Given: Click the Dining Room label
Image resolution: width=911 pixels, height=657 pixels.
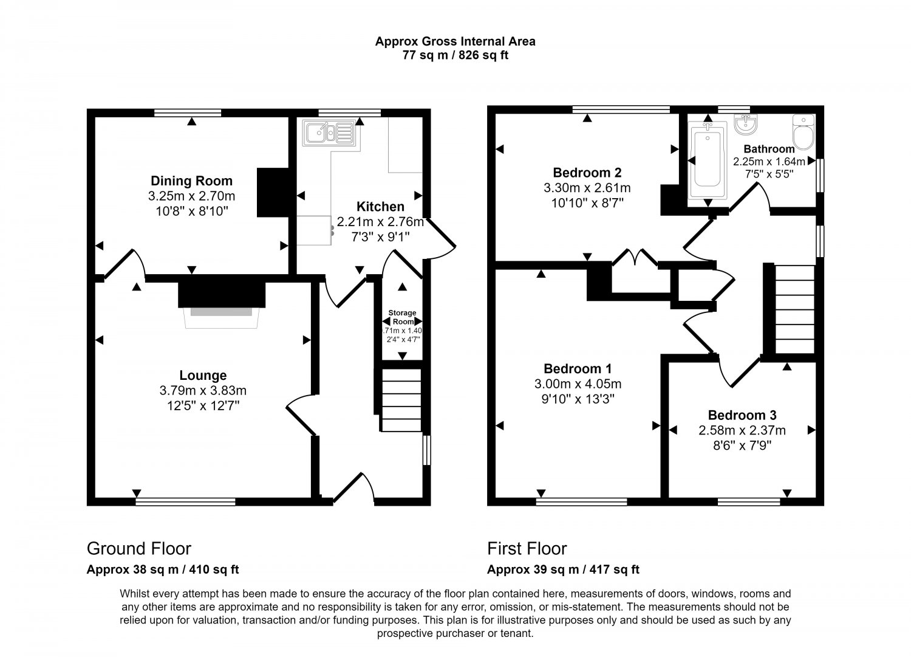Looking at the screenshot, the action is [x=191, y=181].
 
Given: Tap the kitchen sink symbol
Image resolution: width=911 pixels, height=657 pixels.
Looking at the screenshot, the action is [x=329, y=132].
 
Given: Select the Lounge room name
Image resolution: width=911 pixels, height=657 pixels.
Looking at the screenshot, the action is [x=203, y=376].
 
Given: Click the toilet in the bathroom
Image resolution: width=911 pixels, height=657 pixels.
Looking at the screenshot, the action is [x=804, y=132].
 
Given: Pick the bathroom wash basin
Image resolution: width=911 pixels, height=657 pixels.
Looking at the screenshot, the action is [x=746, y=124].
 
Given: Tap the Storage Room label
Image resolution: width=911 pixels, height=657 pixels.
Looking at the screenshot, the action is [x=402, y=317].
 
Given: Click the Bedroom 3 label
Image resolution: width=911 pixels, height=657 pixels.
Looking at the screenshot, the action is [x=742, y=415].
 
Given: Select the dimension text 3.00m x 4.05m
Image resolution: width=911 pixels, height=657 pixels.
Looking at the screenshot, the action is [x=578, y=384].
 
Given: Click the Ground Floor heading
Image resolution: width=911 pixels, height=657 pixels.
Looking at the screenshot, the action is [x=138, y=549].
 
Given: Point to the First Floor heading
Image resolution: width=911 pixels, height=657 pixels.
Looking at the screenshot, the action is [x=527, y=549].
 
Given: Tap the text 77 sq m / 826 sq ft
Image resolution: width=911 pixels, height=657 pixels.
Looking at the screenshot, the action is [x=455, y=55].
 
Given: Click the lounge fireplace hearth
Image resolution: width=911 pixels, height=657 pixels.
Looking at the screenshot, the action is [x=221, y=317].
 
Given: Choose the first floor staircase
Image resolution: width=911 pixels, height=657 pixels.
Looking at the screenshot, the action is [x=795, y=309].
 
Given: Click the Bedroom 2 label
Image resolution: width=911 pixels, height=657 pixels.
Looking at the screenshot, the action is [x=587, y=173].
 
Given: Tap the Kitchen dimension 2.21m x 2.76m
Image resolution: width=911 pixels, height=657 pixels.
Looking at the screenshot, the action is [x=380, y=222].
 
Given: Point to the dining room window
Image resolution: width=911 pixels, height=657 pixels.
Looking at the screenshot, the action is [x=188, y=113].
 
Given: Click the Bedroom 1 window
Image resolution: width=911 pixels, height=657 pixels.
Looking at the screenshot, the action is [x=582, y=502].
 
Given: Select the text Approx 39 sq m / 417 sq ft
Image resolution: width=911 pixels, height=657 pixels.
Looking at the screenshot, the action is [x=563, y=569].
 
